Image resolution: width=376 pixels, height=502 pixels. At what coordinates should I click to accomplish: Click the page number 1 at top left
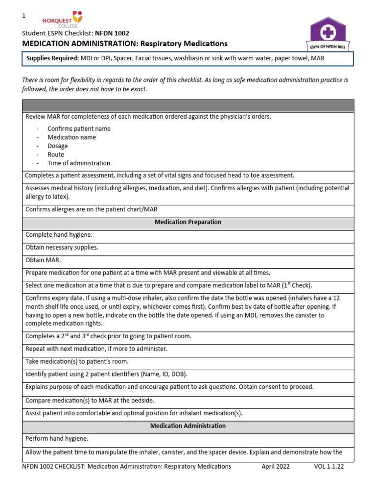23,16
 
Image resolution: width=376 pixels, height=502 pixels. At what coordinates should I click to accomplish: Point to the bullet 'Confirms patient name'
79,128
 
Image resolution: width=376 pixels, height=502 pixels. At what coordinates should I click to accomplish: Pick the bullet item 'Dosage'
58,146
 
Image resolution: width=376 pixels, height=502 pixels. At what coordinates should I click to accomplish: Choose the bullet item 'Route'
56,154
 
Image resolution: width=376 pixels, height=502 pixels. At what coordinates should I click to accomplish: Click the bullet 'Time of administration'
79,163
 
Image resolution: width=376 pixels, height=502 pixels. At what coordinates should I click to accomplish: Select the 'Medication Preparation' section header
188,222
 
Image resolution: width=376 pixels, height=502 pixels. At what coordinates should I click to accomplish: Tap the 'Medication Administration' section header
188,426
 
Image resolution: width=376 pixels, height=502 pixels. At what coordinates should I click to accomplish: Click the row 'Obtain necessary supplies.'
62,248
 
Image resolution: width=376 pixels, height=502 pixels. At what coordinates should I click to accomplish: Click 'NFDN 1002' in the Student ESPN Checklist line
116,34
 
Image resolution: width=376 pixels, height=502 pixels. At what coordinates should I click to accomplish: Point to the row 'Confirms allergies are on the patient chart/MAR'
91,209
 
